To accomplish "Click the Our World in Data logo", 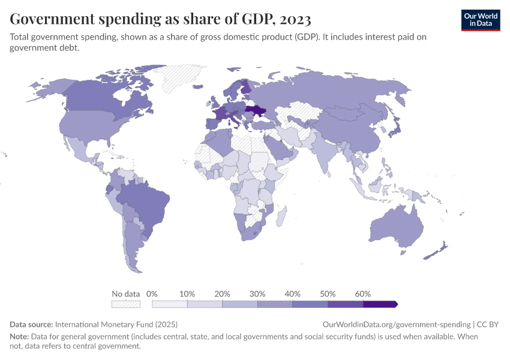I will (480, 20).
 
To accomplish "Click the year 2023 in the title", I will (295, 19).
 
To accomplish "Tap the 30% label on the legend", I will (257, 294).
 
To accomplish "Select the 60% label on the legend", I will (362, 294).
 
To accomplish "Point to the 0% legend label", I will (152, 294).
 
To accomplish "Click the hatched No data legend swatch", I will (125, 304).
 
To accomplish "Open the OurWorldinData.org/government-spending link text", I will (397, 324).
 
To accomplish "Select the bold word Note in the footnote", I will (20, 337).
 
